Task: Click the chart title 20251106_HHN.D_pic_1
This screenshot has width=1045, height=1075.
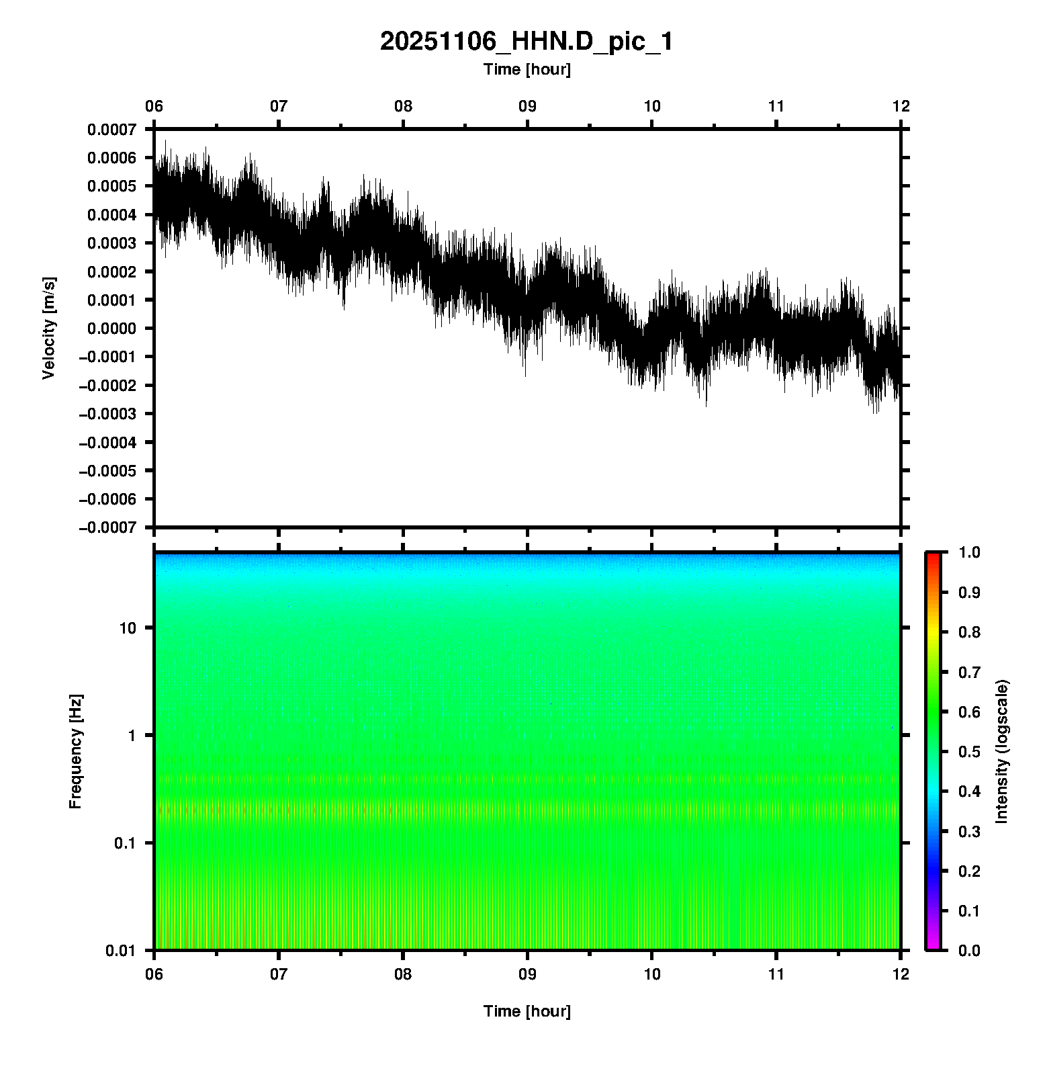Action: [x=527, y=42]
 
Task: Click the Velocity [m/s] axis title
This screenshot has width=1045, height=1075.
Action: [x=48, y=328]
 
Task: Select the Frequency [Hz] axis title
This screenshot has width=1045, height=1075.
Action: [x=75, y=751]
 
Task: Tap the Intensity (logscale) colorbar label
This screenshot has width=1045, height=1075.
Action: [x=1002, y=751]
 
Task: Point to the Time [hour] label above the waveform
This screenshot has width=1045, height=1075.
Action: [x=527, y=69]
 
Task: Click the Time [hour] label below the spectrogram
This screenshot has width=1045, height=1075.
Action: [x=527, y=1011]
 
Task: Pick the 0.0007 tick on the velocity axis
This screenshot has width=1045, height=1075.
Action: [x=111, y=129]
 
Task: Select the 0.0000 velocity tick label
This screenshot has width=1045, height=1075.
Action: [x=111, y=329]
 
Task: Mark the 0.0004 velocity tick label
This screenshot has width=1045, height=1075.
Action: [x=111, y=214]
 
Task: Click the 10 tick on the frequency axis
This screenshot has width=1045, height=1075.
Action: [x=128, y=628]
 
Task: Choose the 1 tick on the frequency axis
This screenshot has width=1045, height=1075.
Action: [x=132, y=735]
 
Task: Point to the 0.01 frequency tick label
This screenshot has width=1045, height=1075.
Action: [x=121, y=950]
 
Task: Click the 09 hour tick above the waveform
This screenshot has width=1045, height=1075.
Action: [x=527, y=106]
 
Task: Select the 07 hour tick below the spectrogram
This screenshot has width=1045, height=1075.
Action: [x=279, y=974]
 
